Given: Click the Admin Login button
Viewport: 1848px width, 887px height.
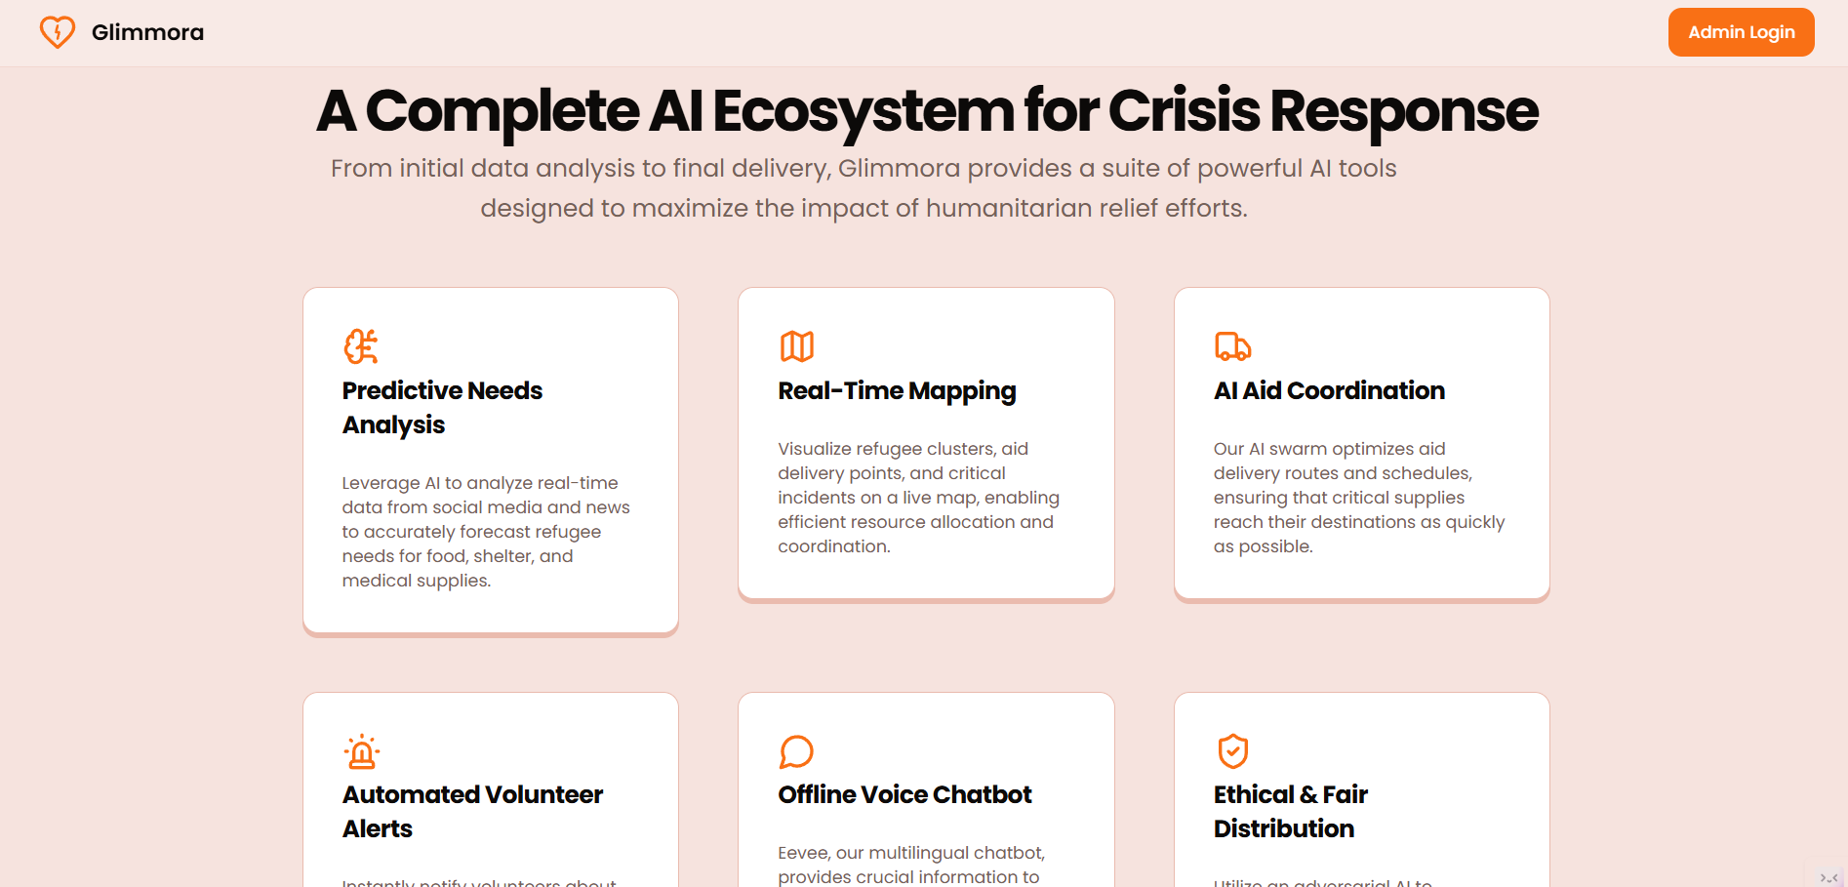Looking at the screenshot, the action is (1741, 32).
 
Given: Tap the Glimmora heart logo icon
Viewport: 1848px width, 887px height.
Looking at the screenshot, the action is (58, 32).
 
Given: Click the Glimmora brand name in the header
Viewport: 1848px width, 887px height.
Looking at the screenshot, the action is (147, 32).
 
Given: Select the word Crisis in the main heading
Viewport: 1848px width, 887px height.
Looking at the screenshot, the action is (1184, 111).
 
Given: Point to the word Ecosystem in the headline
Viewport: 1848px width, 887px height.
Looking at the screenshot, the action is (864, 111).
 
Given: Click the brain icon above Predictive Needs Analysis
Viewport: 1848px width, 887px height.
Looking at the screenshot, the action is (361, 346).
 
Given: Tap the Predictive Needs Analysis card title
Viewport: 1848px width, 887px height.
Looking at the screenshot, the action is (442, 407).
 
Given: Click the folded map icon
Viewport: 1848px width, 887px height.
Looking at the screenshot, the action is (796, 346).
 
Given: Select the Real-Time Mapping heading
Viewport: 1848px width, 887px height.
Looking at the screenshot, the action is (897, 390).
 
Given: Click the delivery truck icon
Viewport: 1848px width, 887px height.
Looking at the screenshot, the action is (1232, 346).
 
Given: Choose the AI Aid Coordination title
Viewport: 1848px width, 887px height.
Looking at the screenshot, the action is (1329, 390).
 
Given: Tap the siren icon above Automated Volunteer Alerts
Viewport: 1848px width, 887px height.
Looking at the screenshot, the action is (361, 751).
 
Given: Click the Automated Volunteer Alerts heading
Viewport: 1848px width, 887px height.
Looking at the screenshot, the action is (472, 811).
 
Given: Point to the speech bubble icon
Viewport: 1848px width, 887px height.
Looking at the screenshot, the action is (796, 751).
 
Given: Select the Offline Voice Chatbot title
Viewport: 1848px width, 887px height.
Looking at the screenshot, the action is (904, 794).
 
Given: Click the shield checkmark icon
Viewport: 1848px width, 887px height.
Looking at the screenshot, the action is (1232, 751).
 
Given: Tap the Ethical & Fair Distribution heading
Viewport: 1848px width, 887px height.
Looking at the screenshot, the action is (1290, 811).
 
